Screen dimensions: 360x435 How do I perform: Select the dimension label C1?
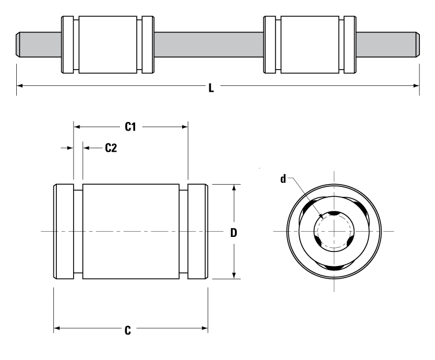click(131, 127)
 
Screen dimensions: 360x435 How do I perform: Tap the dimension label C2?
click(111, 148)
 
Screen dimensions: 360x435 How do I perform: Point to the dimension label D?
click(234, 233)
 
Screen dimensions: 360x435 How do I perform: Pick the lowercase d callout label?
click(283, 178)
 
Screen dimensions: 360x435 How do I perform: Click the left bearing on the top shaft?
click(108, 44)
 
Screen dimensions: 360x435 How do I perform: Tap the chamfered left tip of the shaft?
click(17, 44)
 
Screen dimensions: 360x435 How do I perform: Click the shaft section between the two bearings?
click(209, 44)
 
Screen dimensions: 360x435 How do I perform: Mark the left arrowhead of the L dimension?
click(20, 87)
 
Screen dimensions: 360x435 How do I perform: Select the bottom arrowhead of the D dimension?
click(234, 276)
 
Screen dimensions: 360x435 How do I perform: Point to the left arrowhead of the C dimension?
click(57, 329)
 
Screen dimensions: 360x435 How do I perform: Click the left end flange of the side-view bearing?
click(63, 232)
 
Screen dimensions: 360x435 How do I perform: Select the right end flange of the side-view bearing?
click(198, 232)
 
